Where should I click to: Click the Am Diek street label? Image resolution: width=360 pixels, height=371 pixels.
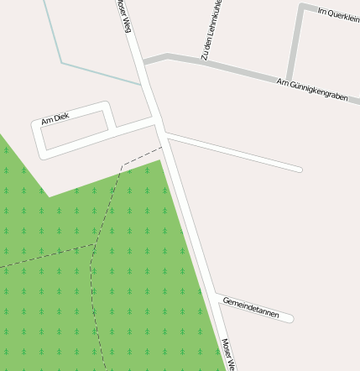coord(55,119)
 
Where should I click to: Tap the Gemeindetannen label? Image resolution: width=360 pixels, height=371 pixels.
coord(251,307)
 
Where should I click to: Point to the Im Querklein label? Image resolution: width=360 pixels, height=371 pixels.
coord(338,15)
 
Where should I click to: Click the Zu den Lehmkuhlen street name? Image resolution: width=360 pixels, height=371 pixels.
coord(211,30)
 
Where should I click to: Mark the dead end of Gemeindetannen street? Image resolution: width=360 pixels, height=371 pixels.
coord(290,318)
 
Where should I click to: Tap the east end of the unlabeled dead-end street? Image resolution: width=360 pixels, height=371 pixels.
coord(299,170)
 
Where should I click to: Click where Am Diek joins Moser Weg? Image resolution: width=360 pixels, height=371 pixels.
coord(156,123)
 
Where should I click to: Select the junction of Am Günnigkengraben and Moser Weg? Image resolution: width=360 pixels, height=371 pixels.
coord(143,63)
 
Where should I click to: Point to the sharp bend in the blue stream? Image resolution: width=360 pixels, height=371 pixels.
coord(62,62)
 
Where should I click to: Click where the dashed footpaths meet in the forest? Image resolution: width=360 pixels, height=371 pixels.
coord(94,245)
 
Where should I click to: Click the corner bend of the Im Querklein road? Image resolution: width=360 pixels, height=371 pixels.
coord(302,8)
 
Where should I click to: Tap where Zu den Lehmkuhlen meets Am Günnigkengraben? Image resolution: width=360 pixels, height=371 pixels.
coord(204,62)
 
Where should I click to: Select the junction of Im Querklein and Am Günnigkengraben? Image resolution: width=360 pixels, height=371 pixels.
coord(290,78)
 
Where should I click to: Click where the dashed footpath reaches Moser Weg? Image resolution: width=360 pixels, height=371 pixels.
coord(161,148)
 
